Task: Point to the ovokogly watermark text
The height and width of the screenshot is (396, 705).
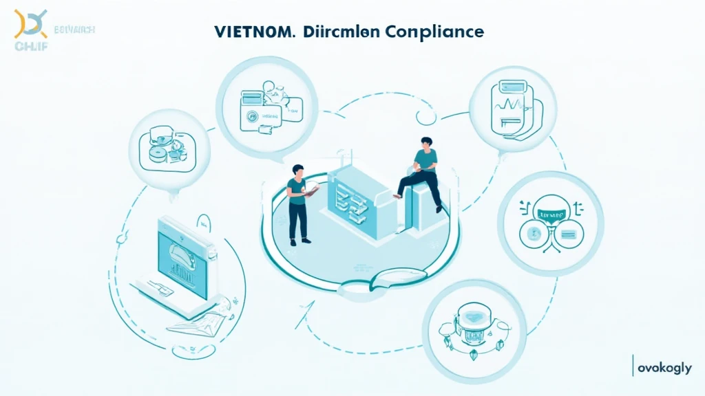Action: [x=664, y=368]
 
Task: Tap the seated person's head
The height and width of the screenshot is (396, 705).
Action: [x=424, y=143]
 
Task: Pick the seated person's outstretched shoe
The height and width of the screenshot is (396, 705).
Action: [x=397, y=195]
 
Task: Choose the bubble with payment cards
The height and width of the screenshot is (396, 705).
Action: [x=266, y=106]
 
